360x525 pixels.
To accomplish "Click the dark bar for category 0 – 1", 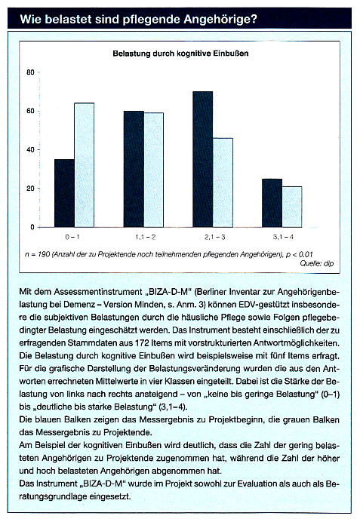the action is tap(64, 193).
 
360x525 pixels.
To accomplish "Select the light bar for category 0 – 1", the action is tap(84, 165).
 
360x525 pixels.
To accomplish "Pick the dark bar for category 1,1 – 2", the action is tap(134, 169).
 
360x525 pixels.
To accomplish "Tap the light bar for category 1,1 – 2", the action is tap(154, 170).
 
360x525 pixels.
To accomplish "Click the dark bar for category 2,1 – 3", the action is tap(202, 159).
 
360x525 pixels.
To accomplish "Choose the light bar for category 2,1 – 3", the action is tap(223, 183).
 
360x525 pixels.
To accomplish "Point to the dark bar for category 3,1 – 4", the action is tap(272, 203).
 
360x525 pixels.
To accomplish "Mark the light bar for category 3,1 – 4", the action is tap(292, 207).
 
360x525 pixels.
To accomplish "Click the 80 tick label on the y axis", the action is tap(30, 72).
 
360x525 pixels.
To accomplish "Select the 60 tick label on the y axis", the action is tap(30, 111).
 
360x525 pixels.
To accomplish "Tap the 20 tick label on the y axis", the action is tap(30, 189).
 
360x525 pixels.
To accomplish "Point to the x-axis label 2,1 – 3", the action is tap(214, 237).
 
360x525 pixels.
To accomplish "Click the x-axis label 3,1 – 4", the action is tap(283, 237).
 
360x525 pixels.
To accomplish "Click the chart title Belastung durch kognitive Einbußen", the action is tap(180, 54).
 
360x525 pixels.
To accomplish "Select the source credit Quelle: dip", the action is tap(317, 263).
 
